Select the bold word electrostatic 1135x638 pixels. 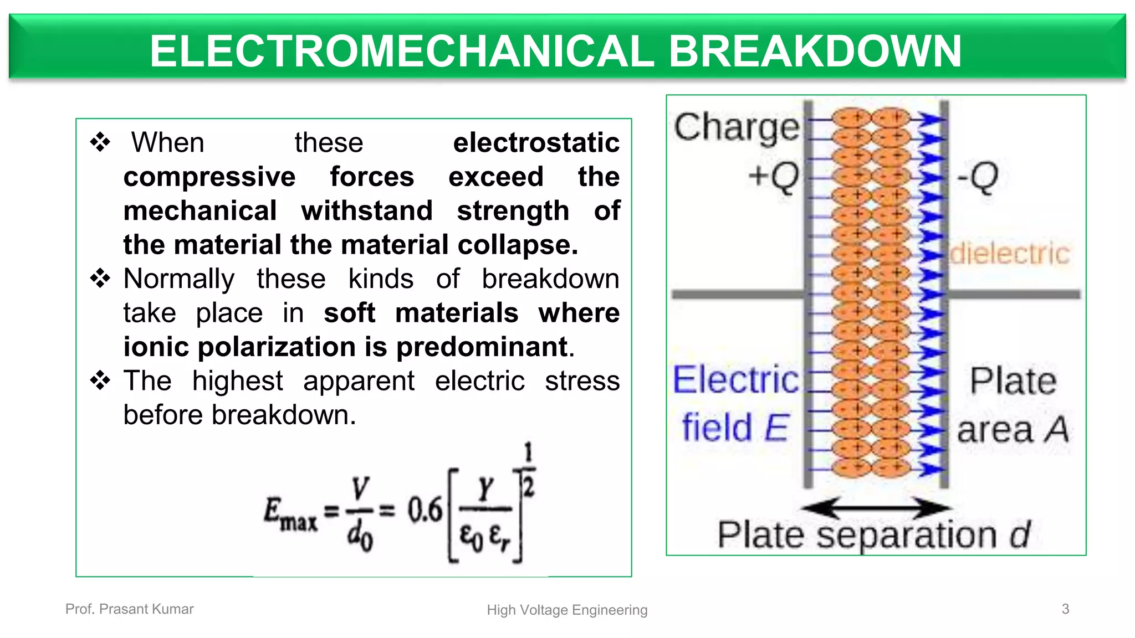click(x=536, y=143)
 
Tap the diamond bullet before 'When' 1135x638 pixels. click(x=100, y=142)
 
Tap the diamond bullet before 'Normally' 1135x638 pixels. click(x=100, y=278)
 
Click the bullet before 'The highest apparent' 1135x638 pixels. click(x=100, y=380)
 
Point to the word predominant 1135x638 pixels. click(x=482, y=347)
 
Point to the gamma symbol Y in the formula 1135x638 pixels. click(x=485, y=488)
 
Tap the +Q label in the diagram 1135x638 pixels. click(x=774, y=177)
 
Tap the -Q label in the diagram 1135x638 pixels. click(x=978, y=177)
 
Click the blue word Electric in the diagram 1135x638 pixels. click(x=736, y=380)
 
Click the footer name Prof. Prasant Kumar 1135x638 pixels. click(x=130, y=609)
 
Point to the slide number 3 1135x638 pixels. click(x=1065, y=609)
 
